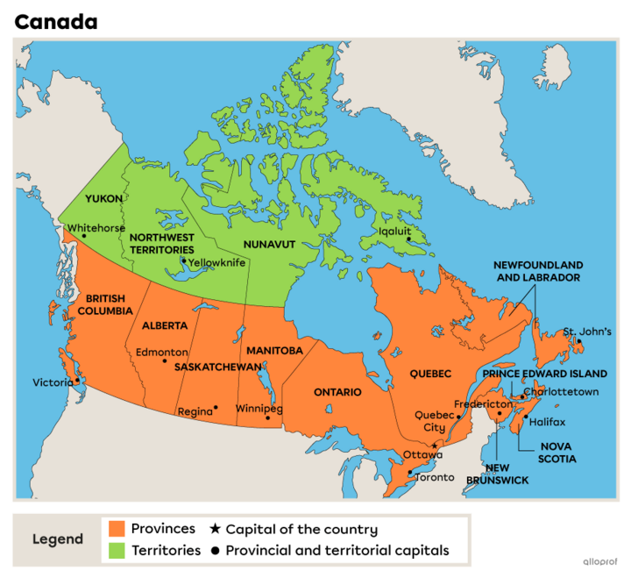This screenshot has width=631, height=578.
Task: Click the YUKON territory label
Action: (103, 198)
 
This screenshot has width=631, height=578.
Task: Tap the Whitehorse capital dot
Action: (84, 236)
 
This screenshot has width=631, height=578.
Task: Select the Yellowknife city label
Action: (217, 261)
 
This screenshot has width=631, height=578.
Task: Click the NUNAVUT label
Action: (270, 244)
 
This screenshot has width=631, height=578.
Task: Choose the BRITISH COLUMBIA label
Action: (104, 304)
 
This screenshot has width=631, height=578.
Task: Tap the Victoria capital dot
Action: (77, 381)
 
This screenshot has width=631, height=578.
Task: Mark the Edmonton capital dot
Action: (164, 360)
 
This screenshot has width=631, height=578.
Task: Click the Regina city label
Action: (195, 411)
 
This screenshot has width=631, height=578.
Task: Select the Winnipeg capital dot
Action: (268, 417)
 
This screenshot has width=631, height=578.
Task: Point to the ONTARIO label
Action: (337, 392)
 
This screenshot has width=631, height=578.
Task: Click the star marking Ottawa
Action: (435, 445)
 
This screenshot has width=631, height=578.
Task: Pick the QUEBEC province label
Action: (430, 374)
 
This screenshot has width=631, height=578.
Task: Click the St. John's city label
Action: (586, 331)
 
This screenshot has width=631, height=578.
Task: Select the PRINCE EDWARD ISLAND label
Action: (544, 374)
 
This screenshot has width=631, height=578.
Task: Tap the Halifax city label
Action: (548, 422)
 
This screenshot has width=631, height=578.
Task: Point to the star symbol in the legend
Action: (215, 529)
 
